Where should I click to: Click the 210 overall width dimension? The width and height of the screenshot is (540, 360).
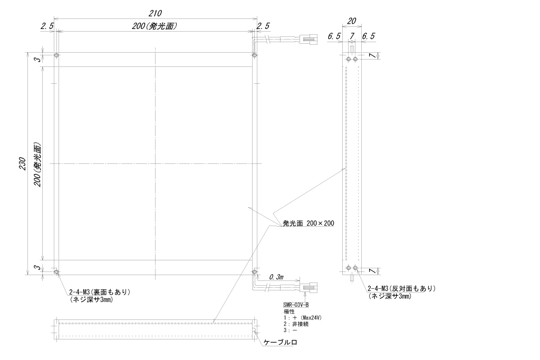pos(155,13)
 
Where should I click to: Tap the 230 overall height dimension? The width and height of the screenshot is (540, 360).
pos(22,163)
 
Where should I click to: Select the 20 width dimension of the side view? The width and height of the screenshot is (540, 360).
pos(351,21)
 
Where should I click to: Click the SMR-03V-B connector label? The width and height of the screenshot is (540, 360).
pos(296,305)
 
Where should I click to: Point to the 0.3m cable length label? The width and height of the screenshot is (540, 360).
pos(276,277)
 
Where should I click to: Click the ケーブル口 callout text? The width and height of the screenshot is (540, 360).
pos(280,342)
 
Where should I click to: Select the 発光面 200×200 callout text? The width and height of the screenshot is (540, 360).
pos(308,223)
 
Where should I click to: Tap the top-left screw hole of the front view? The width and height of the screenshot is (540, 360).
pos(57,55)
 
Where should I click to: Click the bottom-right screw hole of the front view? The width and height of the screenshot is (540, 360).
pos(254,272)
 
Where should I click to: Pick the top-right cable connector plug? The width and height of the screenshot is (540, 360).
pos(308,39)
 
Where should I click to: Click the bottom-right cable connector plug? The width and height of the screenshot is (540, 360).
pos(308,287)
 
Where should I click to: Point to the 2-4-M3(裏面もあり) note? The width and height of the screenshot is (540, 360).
pos(100,292)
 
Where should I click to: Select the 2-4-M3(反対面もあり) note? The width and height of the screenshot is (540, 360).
pos(401,288)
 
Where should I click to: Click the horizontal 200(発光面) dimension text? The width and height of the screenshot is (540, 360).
pos(155,26)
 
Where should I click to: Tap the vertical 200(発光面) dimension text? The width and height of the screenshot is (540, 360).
pos(37,164)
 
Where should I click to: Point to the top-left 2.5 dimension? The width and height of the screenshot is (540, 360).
pos(47,26)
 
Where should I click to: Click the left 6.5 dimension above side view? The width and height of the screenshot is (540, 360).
pos(334,36)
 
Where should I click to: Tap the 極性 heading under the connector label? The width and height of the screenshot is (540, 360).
pos(290,312)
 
